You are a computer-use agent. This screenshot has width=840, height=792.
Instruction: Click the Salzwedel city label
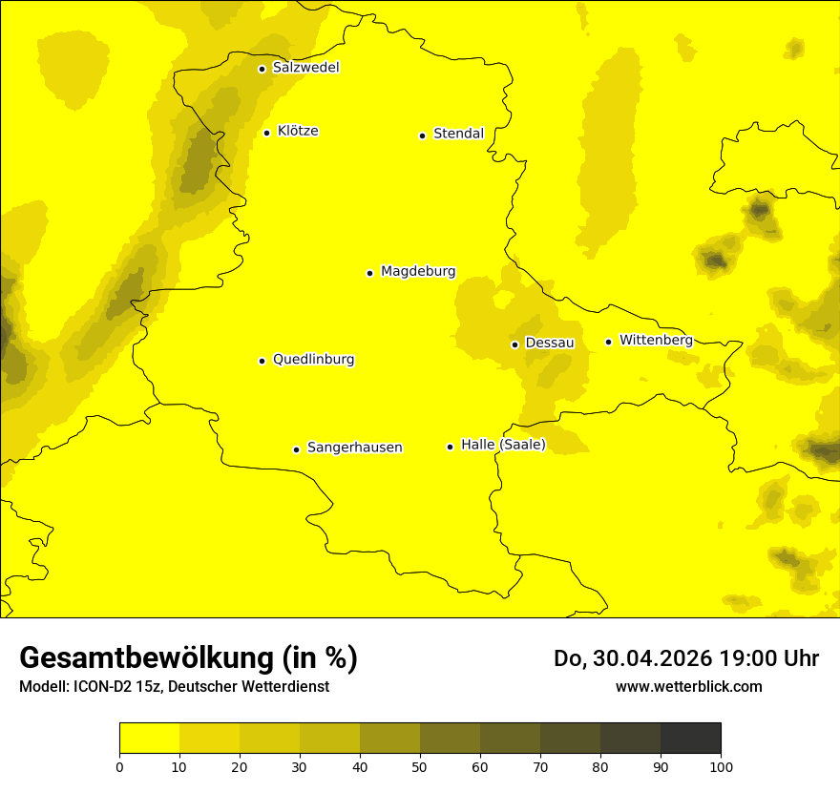pyautogui.click(x=305, y=68)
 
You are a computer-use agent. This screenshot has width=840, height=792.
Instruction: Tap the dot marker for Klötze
pyautogui.click(x=266, y=133)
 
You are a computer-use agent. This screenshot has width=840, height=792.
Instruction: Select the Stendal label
pyautogui.click(x=458, y=134)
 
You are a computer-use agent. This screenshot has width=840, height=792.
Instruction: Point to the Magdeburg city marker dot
pyautogui.click(x=369, y=273)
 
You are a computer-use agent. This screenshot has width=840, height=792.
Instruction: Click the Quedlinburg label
pyautogui.click(x=313, y=360)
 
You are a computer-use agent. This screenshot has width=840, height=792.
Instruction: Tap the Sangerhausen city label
pyautogui.click(x=354, y=448)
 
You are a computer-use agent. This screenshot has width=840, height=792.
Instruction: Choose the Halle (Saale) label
pyautogui.click(x=503, y=445)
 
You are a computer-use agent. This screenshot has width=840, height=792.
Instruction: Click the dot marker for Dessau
pyautogui.click(x=514, y=344)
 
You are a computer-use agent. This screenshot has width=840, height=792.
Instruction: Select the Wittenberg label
pyautogui.click(x=656, y=340)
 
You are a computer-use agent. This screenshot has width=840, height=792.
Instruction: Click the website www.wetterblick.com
pyautogui.click(x=688, y=686)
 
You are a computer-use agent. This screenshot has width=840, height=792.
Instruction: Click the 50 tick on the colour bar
pyautogui.click(x=420, y=765)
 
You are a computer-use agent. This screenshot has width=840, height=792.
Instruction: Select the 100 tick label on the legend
pyautogui.click(x=721, y=765)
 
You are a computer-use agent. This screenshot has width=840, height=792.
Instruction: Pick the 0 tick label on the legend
pyautogui.click(x=119, y=765)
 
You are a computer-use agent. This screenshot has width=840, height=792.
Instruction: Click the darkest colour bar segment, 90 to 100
pyautogui.click(x=690, y=739)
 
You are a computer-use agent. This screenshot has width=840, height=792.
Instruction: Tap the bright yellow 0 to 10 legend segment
pyautogui.click(x=149, y=739)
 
